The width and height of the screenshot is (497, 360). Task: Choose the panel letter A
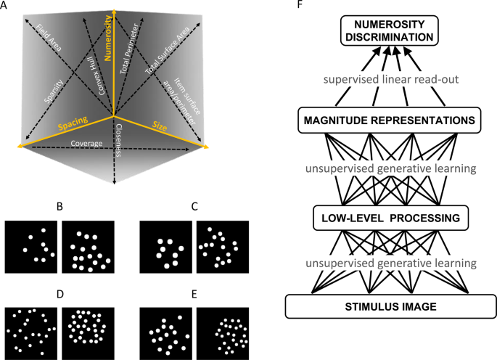click(5, 5)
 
